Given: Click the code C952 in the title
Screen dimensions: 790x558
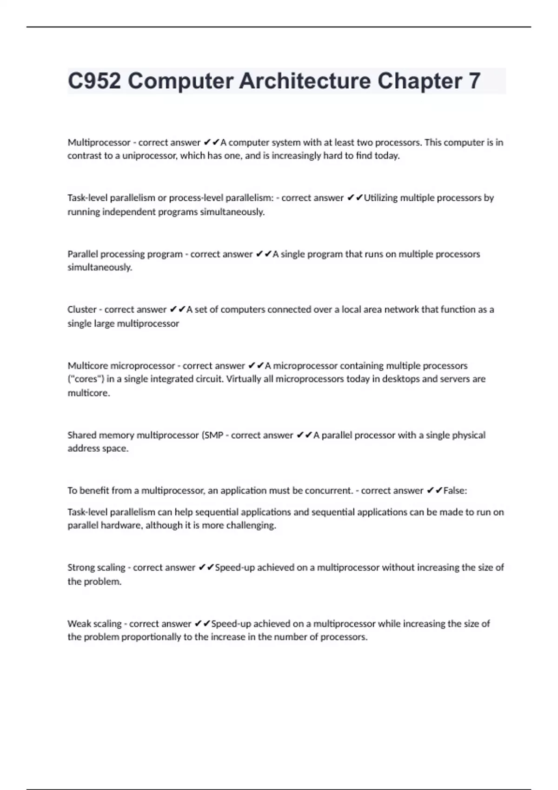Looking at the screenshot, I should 94,81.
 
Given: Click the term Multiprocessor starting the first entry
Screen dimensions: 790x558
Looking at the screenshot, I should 99,143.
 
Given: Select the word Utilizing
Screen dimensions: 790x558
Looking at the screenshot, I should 380,198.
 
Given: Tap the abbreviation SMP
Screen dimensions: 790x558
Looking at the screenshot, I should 214,435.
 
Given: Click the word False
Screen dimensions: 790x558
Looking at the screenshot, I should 454,491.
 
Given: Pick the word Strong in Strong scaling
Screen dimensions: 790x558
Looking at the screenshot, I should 81,567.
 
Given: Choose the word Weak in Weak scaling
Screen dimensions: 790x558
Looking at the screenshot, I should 79,624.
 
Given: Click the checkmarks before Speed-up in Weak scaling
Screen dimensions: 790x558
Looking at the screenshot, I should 203,624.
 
